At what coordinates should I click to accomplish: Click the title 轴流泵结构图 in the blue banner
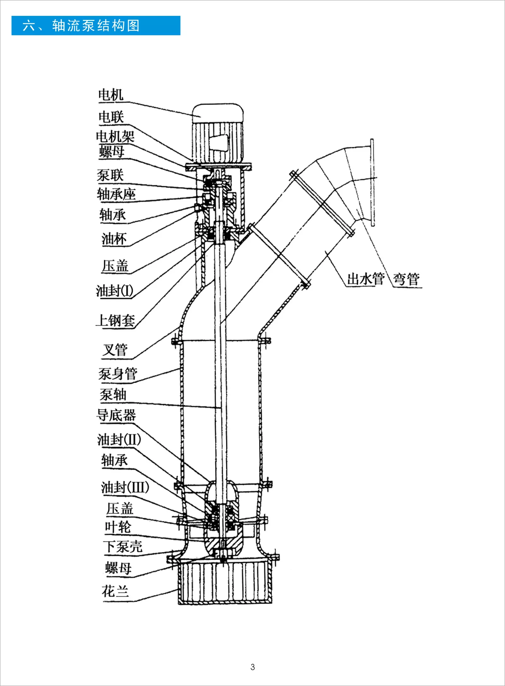(96, 26)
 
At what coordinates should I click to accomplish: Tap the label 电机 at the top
(110, 95)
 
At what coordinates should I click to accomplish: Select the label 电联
(111, 117)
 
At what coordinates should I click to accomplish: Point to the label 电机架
(115, 137)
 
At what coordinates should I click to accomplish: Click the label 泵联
(110, 175)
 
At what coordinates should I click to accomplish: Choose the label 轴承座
(116, 194)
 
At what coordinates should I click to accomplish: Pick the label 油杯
(114, 239)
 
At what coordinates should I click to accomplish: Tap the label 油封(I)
(115, 291)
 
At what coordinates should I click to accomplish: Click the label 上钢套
(116, 320)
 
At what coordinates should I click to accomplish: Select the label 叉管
(115, 350)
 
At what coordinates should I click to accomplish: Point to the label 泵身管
(117, 374)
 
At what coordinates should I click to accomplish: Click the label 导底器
(116, 415)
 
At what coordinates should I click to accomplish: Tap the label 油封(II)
(119, 439)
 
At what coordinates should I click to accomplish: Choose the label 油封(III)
(125, 487)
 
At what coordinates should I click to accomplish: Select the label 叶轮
(118, 527)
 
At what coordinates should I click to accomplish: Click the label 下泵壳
(123, 547)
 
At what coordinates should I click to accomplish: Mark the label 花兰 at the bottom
(115, 591)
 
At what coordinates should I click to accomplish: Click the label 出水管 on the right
(365, 279)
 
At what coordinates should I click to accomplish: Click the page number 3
(252, 667)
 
